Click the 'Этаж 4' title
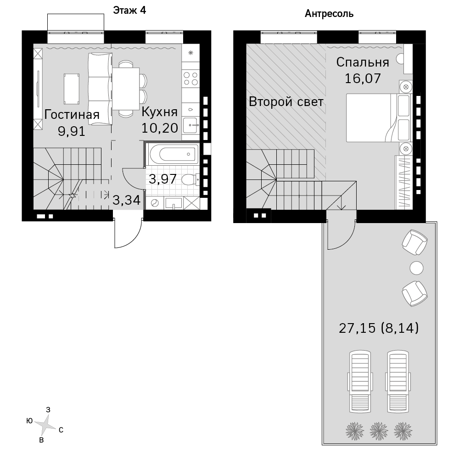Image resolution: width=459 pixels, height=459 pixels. click(129, 11)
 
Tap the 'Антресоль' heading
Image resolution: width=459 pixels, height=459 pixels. click(329, 14)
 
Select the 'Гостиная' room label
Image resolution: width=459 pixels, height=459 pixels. click(72, 115)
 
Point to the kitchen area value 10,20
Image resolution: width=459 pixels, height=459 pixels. click(160, 128)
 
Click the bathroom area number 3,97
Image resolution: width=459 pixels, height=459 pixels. click(163, 179)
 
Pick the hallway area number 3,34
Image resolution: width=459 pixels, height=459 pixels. click(127, 200)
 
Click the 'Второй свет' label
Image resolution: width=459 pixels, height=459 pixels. click(286, 102)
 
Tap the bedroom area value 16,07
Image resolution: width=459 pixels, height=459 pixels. click(363, 78)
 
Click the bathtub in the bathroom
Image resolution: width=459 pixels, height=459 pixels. click(173, 154)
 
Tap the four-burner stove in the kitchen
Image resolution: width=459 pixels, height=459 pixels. click(190, 78)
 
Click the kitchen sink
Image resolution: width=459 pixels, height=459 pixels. click(191, 126)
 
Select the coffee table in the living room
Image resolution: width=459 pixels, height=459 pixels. click(72, 89)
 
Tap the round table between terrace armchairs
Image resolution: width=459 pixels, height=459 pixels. click(416, 268)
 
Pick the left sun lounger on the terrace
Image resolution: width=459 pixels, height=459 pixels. click(360, 382)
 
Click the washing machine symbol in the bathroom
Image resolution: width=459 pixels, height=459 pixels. click(154, 203)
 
